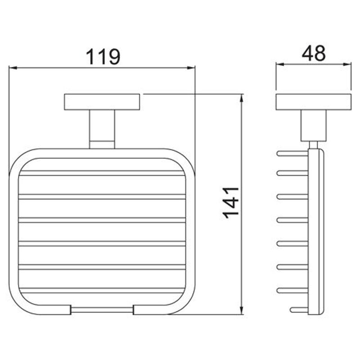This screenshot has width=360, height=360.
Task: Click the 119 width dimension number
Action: tap(103, 57)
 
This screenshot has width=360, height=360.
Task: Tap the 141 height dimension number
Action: tap(231, 203)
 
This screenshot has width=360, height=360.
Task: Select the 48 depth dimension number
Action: tap(314, 53)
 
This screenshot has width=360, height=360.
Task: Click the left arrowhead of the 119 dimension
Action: tap(13, 68)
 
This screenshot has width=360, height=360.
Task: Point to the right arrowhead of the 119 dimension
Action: tap(191, 68)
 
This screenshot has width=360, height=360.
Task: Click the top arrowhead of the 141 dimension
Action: tap(241, 98)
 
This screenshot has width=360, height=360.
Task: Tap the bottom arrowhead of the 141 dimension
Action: tap(241, 310)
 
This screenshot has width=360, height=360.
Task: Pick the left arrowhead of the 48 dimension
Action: tap(280, 64)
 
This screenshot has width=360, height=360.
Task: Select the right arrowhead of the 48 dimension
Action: tap(347, 64)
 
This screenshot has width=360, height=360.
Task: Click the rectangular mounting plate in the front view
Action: tap(102, 102)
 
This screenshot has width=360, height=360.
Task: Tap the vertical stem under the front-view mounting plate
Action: tap(102, 129)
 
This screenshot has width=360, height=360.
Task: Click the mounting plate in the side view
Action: tap(313, 102)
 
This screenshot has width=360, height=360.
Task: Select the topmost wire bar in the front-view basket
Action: tap(102, 173)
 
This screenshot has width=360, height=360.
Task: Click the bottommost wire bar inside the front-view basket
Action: tap(102, 290)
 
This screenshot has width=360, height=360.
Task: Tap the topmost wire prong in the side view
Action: tap(292, 153)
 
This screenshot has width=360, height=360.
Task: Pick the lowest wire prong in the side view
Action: tap(299, 310)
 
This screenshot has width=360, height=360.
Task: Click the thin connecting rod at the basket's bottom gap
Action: tap(102, 310)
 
